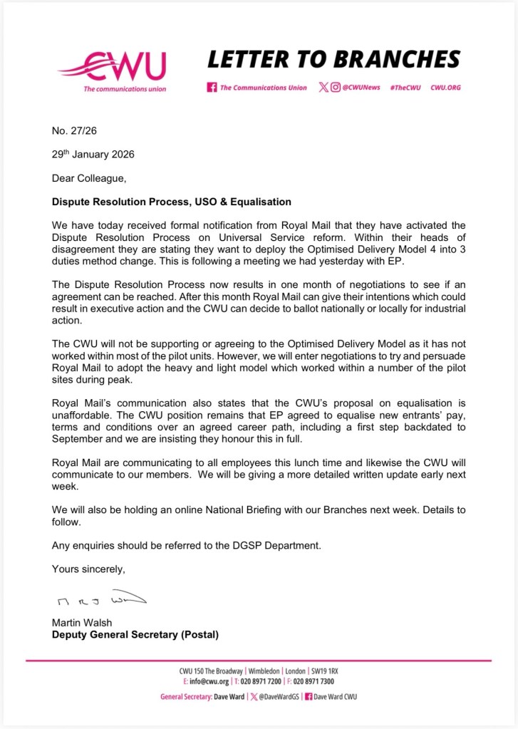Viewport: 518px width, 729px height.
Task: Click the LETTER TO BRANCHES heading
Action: (333, 58)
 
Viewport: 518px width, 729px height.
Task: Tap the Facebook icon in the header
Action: (212, 88)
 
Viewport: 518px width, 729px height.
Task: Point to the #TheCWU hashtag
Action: (405, 88)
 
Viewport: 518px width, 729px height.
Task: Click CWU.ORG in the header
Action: (445, 88)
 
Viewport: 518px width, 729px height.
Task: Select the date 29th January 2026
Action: (93, 155)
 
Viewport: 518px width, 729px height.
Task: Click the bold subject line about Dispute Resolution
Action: (172, 202)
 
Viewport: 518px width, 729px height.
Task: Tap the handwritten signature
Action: (99, 597)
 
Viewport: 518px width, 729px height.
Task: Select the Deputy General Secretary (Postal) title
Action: (135, 635)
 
